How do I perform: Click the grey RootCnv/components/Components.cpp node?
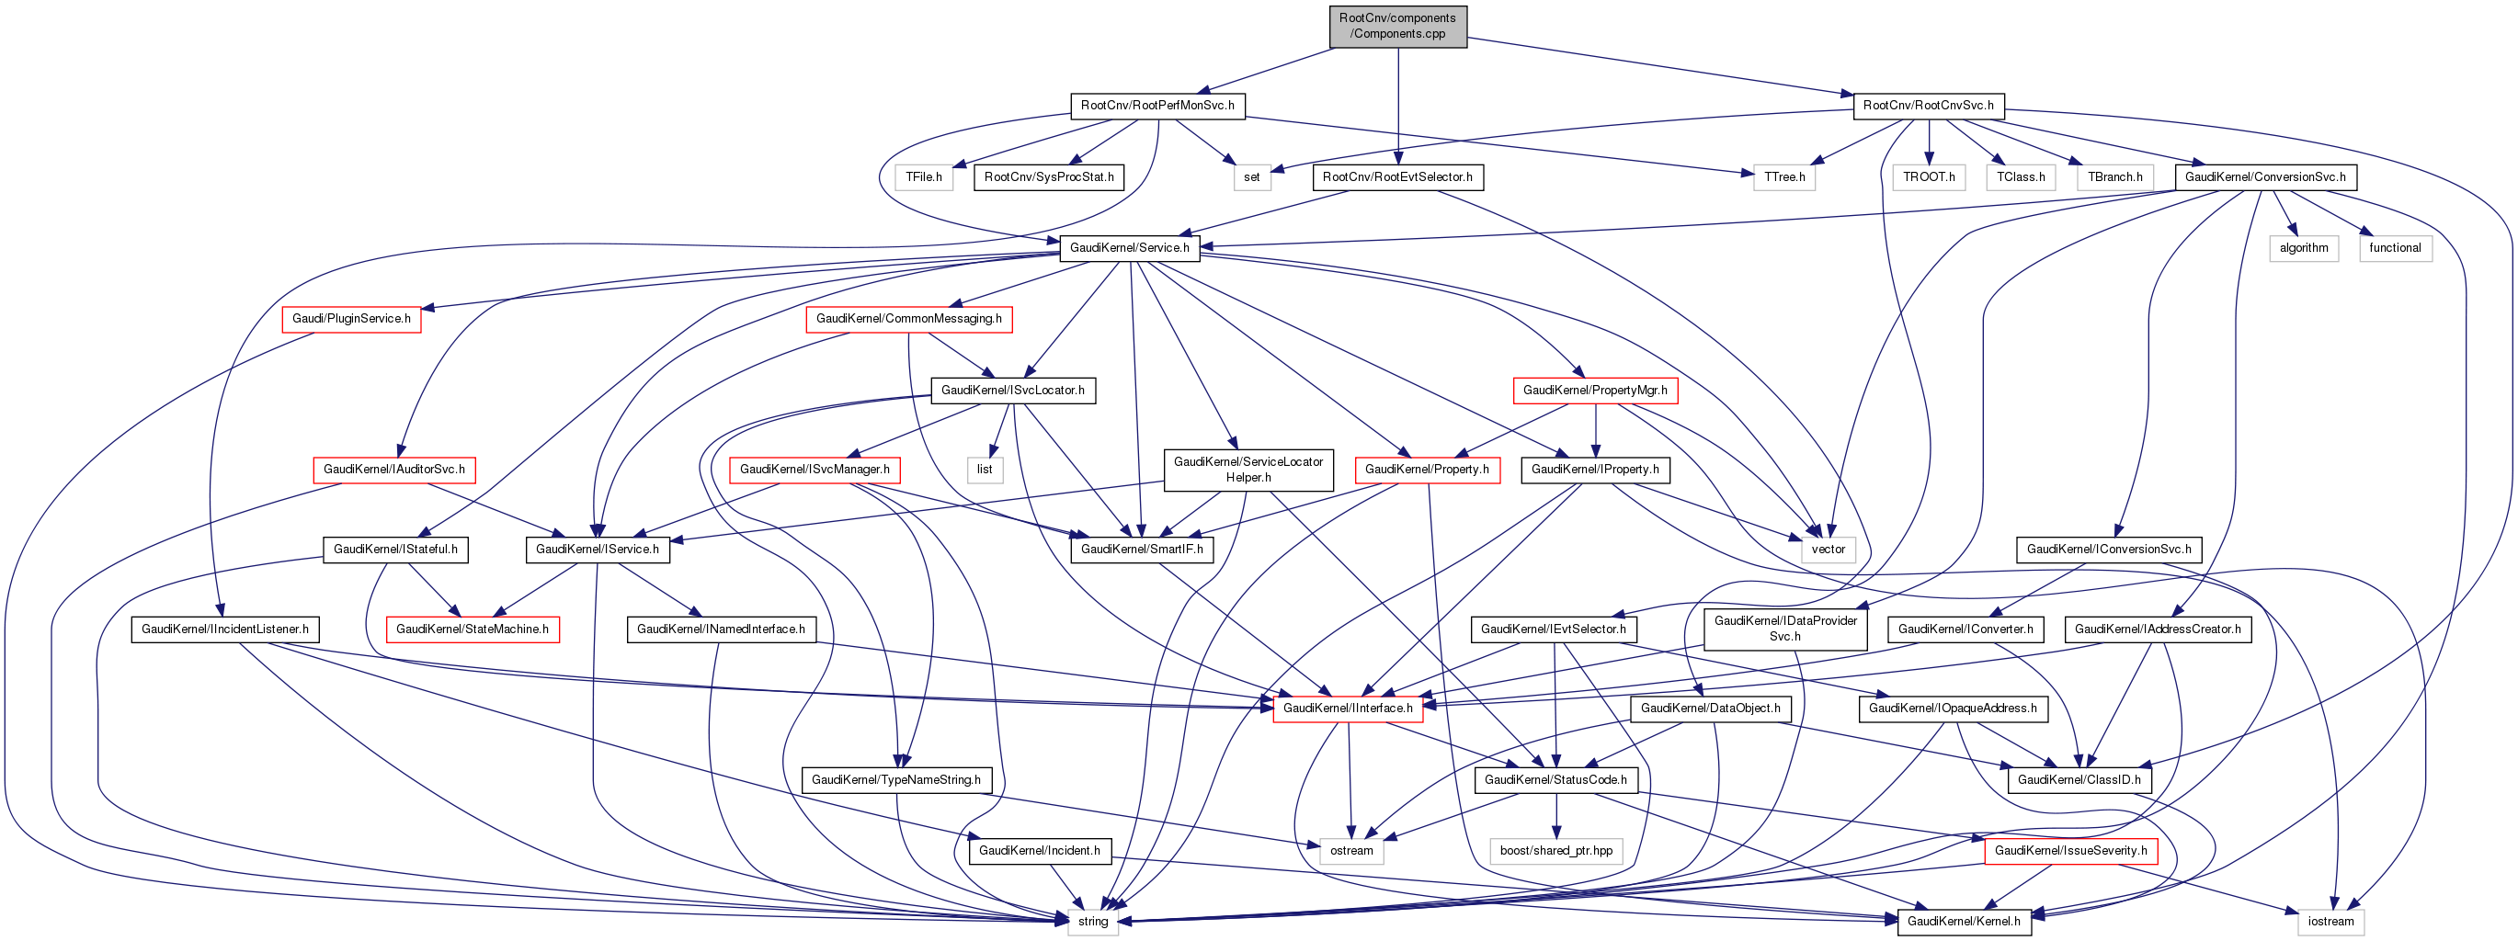(1396, 26)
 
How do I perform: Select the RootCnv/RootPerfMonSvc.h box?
(1157, 106)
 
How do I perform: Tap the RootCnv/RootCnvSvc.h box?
(1928, 106)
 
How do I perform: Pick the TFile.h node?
(923, 176)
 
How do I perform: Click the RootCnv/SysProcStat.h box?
(1048, 176)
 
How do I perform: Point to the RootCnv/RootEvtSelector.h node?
(1396, 176)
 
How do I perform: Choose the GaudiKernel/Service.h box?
(1129, 248)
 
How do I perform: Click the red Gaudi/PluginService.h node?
(351, 319)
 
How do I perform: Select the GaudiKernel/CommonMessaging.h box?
(908, 319)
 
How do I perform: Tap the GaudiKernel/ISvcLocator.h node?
(1013, 390)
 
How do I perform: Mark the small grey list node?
(985, 470)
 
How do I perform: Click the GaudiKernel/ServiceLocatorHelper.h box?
(1248, 470)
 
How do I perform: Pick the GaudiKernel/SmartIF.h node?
(1142, 550)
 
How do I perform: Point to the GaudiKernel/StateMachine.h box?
(473, 629)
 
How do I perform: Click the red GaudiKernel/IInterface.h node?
(1347, 709)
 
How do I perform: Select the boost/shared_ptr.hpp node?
(1556, 851)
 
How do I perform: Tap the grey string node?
(1093, 922)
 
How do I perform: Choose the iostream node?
(2330, 922)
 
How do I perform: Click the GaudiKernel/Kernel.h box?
(1963, 922)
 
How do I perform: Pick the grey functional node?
(2395, 248)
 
